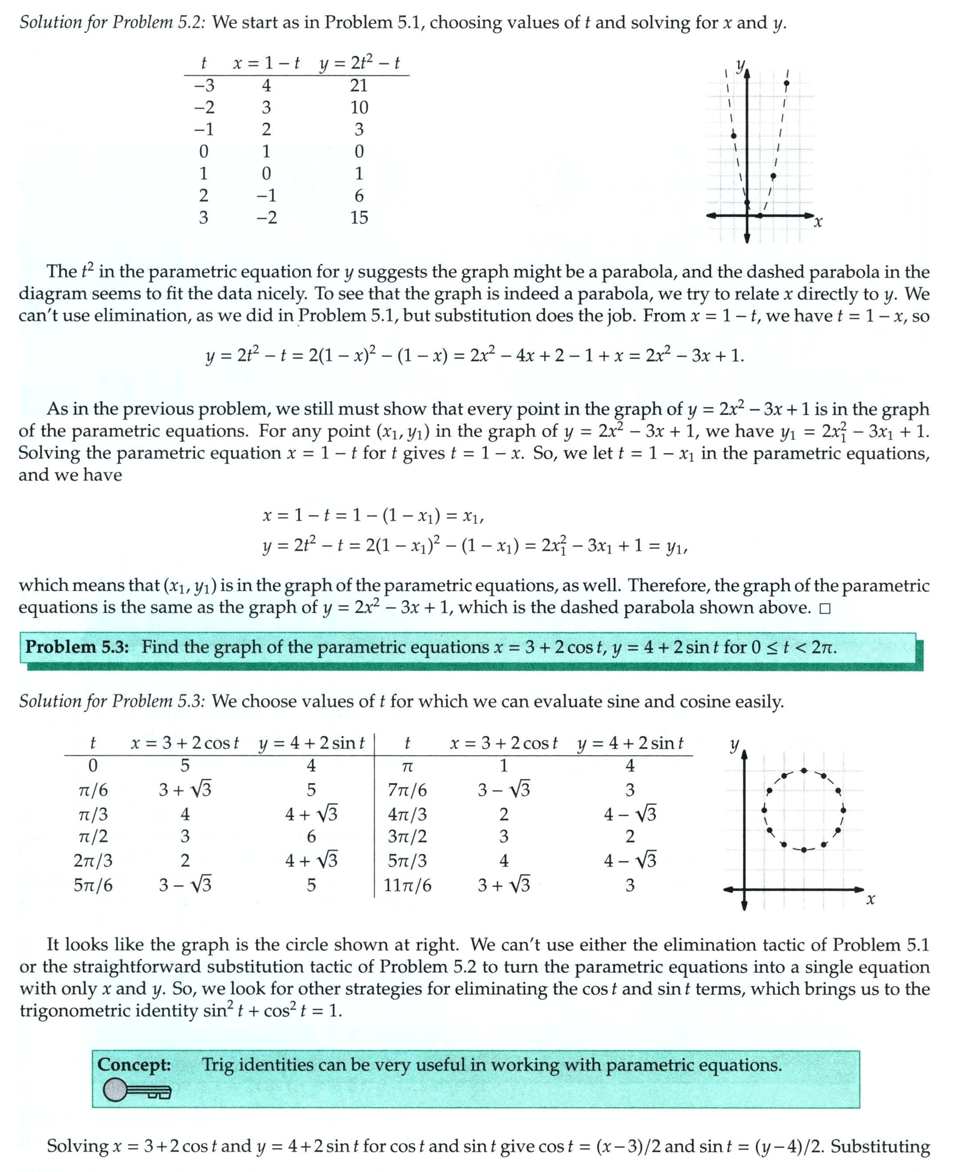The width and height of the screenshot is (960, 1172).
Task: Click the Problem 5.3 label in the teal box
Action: [79, 647]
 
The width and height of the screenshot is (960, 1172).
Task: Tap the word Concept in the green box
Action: [134, 1065]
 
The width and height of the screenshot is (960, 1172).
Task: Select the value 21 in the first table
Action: [359, 85]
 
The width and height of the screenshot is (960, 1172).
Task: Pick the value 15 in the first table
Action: [359, 217]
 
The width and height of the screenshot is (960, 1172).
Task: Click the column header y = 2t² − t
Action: [359, 63]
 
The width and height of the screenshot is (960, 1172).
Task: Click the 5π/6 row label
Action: [93, 884]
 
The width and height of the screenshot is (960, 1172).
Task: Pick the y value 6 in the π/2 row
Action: [311, 837]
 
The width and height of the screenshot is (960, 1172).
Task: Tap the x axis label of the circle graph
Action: [870, 901]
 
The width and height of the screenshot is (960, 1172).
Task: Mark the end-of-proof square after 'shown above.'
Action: [823, 609]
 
